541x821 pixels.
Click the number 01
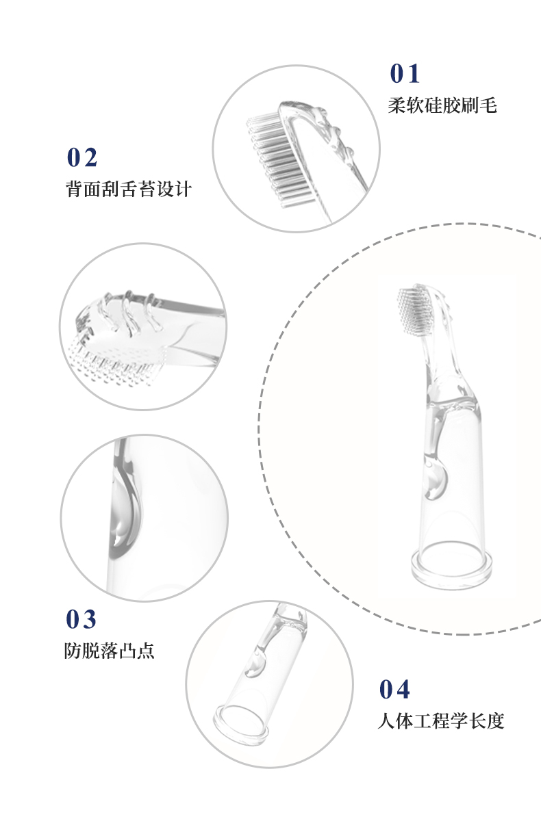(404, 74)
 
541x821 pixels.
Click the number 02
(82, 157)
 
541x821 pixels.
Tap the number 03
(81, 619)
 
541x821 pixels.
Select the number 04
(394, 690)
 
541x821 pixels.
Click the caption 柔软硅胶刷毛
(442, 105)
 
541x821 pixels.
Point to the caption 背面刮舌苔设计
(129, 189)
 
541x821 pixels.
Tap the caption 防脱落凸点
(110, 650)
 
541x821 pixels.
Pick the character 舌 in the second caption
(129, 189)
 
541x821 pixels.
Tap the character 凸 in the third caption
(128, 650)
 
